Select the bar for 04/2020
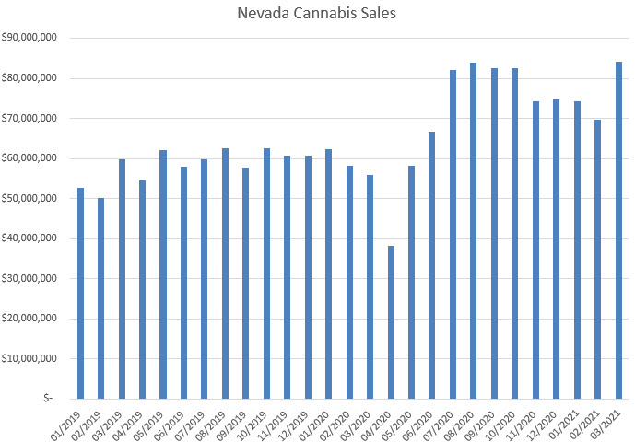pyautogui.click(x=391, y=322)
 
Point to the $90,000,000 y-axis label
pyautogui.click(x=31, y=38)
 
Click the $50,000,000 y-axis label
pyautogui.click(x=31, y=198)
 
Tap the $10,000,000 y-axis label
pyautogui.click(x=31, y=359)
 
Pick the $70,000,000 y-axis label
pyautogui.click(x=31, y=118)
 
